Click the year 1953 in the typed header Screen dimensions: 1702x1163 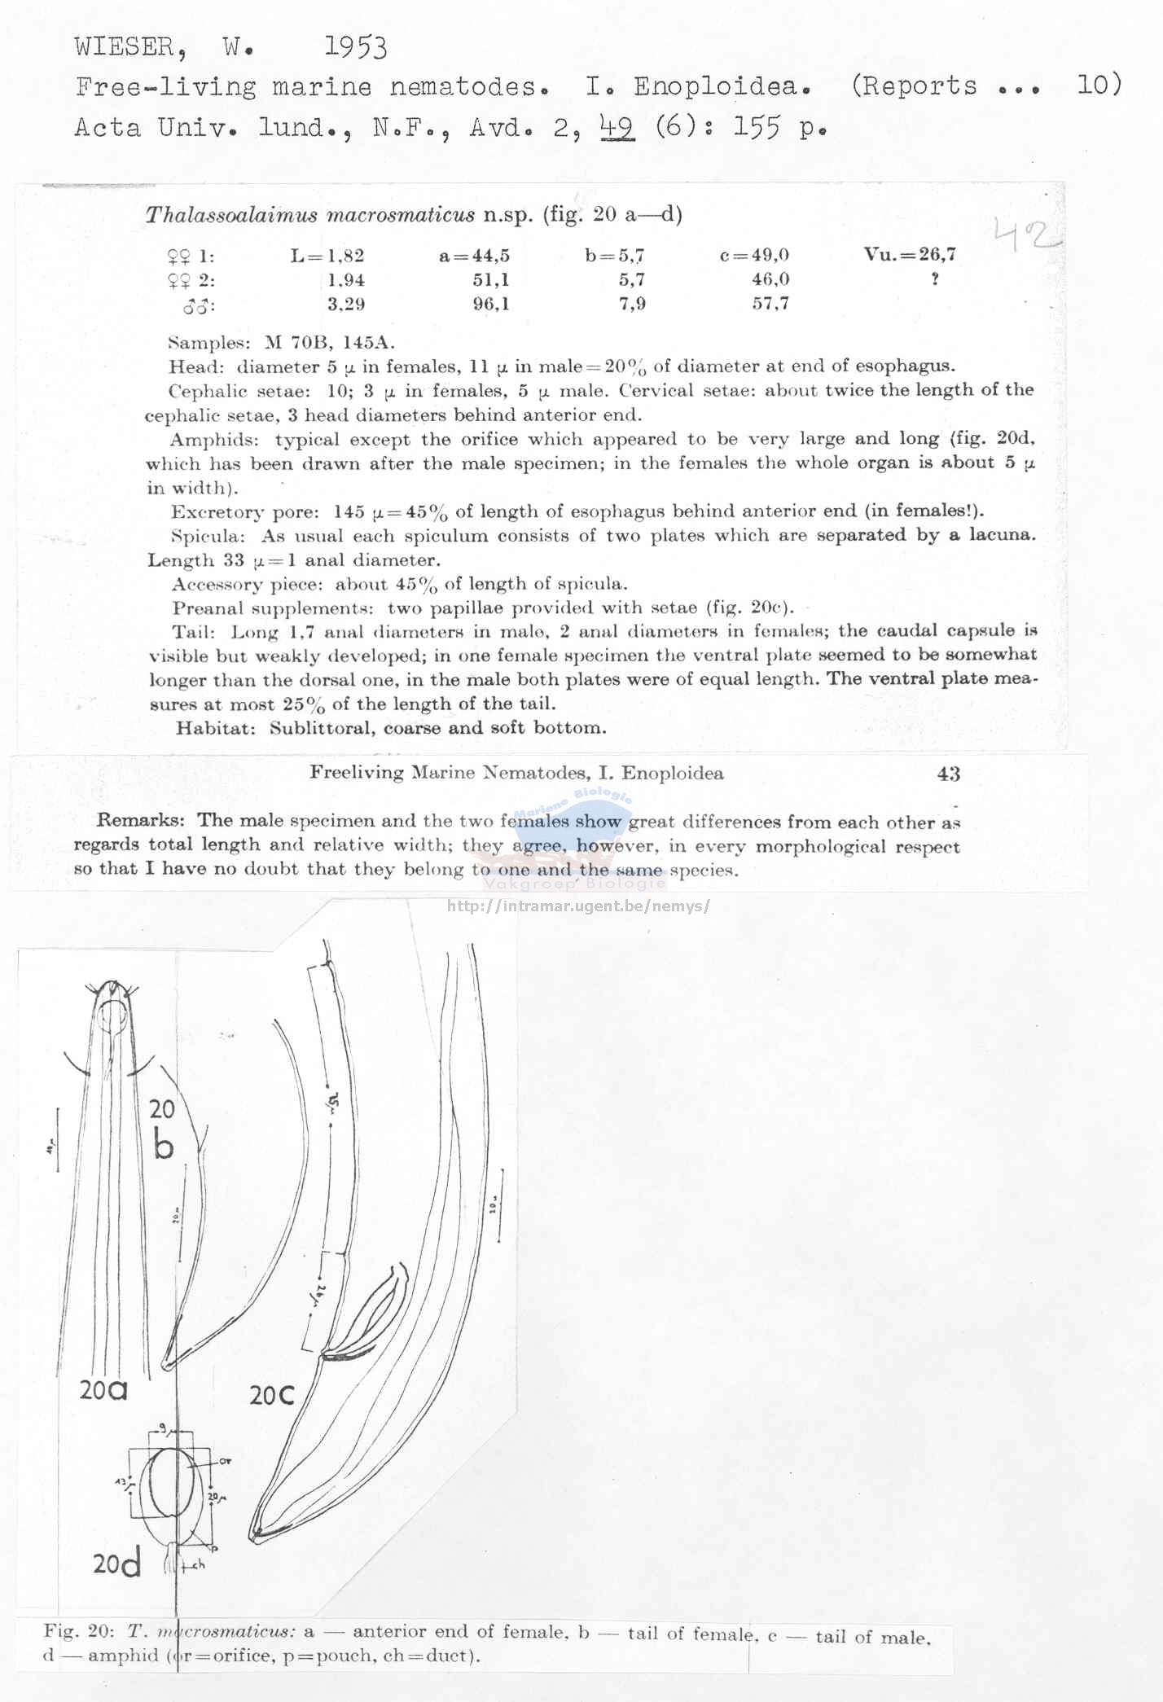(x=355, y=48)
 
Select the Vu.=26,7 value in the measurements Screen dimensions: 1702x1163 (x=910, y=254)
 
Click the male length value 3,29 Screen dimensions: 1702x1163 (x=345, y=305)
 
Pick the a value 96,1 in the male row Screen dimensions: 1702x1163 (x=490, y=305)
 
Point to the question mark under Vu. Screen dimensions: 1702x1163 (x=936, y=279)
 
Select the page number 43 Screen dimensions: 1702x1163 (x=948, y=774)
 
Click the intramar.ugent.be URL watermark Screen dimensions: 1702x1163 (x=579, y=906)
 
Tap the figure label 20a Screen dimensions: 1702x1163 (x=103, y=1390)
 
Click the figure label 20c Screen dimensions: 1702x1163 (x=272, y=1396)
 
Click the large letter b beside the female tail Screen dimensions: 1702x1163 (x=164, y=1147)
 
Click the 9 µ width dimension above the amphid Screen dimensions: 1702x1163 (x=164, y=1427)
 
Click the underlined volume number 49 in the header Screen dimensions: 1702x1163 (x=617, y=127)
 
